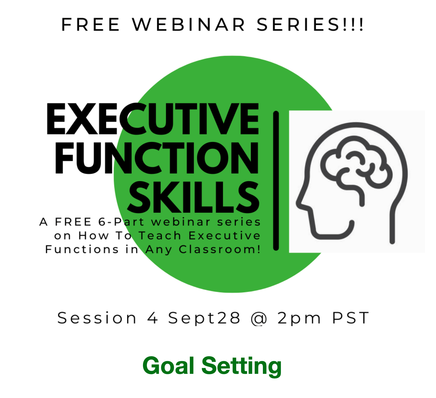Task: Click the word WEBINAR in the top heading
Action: [x=189, y=24]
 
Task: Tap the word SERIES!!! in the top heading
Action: [x=310, y=24]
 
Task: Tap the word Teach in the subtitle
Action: [x=160, y=236]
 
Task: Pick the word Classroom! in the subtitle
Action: [x=219, y=249]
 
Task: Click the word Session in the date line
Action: [x=97, y=318]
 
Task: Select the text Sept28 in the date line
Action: [x=204, y=318]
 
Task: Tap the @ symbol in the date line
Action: [x=259, y=318]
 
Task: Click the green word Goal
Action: [x=169, y=366]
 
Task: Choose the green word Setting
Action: [x=241, y=366]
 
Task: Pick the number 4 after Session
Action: [x=153, y=318]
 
